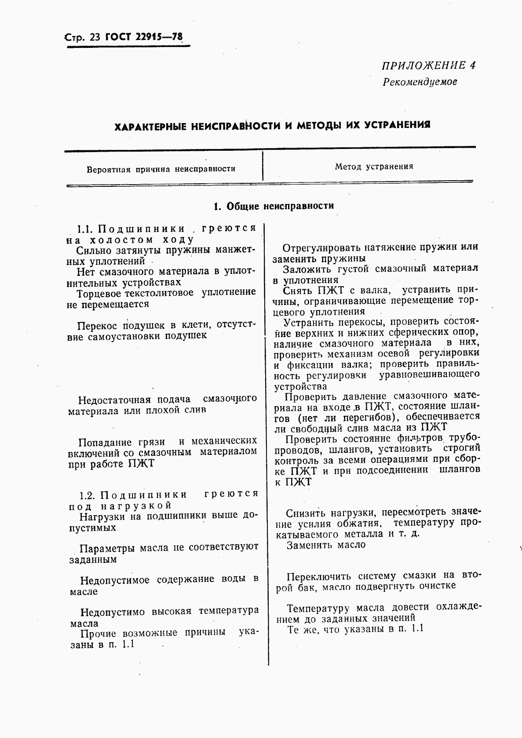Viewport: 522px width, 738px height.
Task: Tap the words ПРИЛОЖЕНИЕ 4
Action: click(x=428, y=65)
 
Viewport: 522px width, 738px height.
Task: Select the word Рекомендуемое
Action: click(x=420, y=82)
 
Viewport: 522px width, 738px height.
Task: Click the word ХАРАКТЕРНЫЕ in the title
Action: click(x=149, y=127)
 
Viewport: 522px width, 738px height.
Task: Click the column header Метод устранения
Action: click(x=374, y=167)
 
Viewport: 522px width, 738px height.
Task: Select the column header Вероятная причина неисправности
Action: click(x=161, y=169)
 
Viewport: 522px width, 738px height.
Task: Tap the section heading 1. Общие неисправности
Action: click(x=273, y=206)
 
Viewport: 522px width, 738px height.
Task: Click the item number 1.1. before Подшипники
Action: click(x=84, y=229)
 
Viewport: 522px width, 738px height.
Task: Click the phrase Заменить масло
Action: click(x=326, y=545)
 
